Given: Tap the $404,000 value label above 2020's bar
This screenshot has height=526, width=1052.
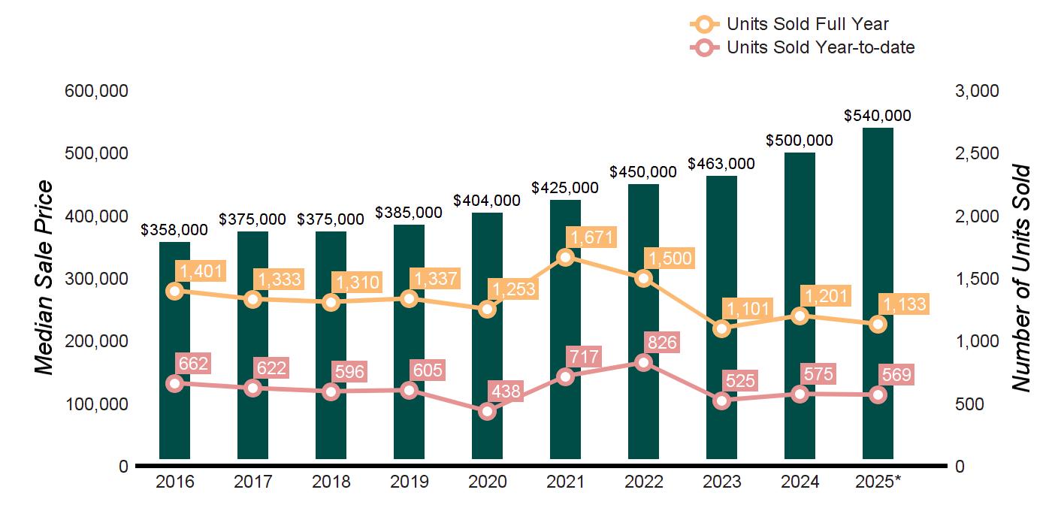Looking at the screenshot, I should [487, 201].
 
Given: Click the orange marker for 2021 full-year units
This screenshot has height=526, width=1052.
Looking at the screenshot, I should [566, 258].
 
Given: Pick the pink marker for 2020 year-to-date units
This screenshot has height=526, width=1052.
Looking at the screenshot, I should [488, 411].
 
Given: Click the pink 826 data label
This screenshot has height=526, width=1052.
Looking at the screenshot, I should [661, 343].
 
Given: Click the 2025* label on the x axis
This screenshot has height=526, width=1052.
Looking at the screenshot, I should [878, 482].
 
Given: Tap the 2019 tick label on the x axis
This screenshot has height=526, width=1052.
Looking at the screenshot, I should [409, 482].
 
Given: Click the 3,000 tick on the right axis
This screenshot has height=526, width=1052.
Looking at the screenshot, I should [978, 91].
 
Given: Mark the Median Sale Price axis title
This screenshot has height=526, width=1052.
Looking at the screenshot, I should [45, 278].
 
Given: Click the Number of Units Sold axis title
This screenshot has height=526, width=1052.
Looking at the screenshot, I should [1020, 278].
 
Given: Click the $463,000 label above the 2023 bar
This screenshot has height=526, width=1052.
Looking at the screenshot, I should [721, 164].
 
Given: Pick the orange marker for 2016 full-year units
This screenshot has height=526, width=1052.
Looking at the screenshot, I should [175, 291].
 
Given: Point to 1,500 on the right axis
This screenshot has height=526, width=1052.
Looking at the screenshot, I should [978, 279].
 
